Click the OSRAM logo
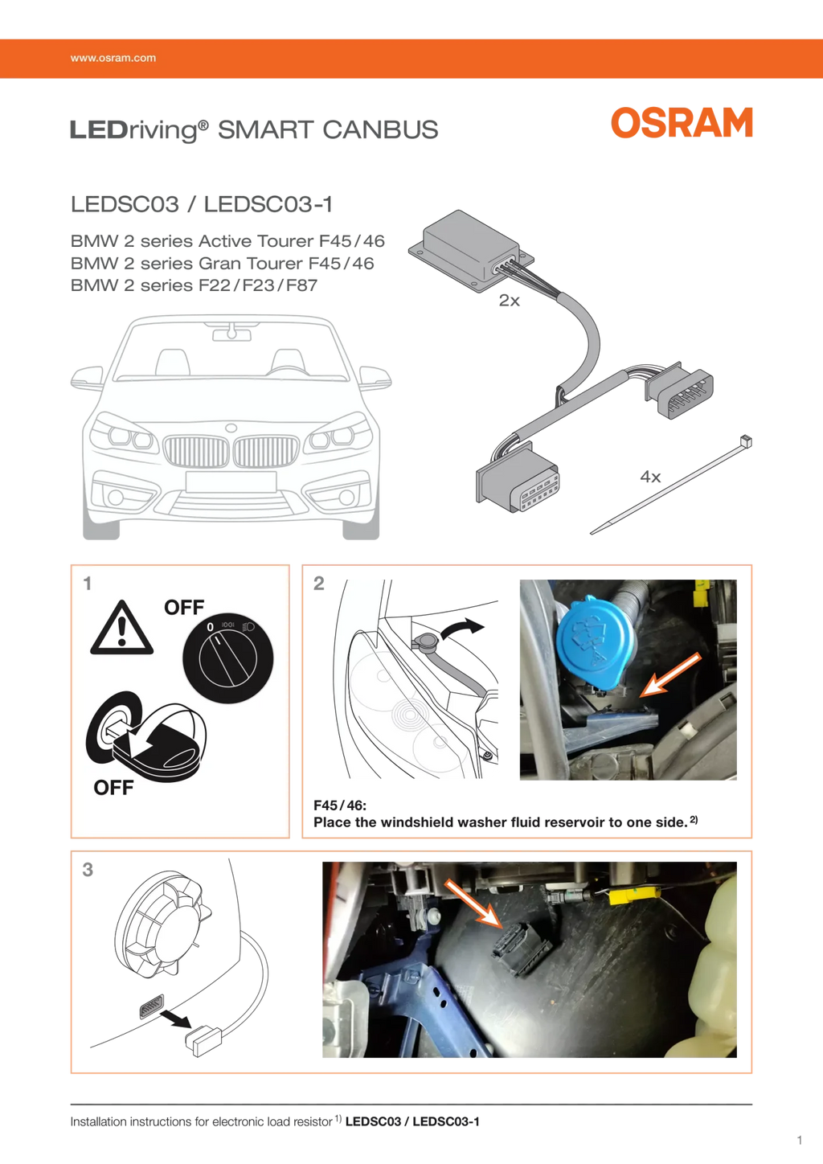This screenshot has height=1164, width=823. [x=682, y=123]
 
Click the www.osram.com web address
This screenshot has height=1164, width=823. [x=113, y=58]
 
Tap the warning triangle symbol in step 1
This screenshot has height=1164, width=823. [x=121, y=628]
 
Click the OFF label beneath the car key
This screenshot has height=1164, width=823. [x=113, y=788]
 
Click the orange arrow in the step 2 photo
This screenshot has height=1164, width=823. [x=671, y=674]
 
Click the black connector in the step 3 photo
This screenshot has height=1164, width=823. [x=521, y=947]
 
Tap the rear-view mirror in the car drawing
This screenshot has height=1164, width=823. [x=231, y=331]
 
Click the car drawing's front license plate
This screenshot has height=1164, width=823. [x=231, y=482]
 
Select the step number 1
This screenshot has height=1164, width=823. [x=88, y=584]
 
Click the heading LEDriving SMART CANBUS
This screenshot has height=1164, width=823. [x=254, y=129]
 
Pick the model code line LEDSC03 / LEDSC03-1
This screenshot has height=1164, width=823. [x=201, y=204]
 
